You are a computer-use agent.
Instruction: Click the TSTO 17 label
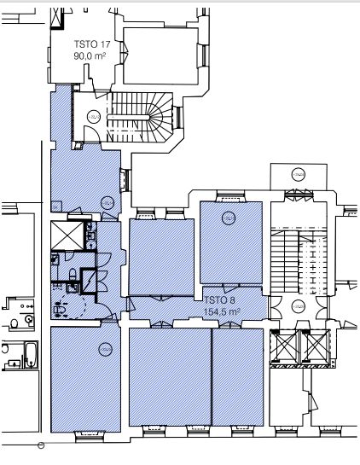point(92,44)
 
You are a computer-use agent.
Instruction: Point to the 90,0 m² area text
point(90,55)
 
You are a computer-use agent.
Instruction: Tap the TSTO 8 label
point(219,300)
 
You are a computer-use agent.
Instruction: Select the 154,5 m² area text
point(222,311)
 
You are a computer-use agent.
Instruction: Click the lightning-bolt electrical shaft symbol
point(89,281)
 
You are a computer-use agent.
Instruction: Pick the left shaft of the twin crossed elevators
point(285,346)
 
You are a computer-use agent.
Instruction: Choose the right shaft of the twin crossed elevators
point(316,346)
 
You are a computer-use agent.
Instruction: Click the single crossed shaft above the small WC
point(67,235)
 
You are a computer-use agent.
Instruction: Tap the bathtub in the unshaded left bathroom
point(31,355)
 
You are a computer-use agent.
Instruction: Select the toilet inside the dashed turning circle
point(60,310)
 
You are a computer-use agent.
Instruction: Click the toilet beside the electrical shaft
point(73,274)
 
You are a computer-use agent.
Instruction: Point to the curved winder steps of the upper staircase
point(160,117)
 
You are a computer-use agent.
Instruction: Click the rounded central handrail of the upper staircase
point(129,118)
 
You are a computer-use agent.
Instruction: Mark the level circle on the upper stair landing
point(93,117)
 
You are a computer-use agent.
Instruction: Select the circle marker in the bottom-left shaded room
point(105,349)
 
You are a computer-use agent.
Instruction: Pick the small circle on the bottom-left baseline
point(41,445)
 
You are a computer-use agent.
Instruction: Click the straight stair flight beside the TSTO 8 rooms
point(299,261)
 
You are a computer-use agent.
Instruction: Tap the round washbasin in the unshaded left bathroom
point(29,319)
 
